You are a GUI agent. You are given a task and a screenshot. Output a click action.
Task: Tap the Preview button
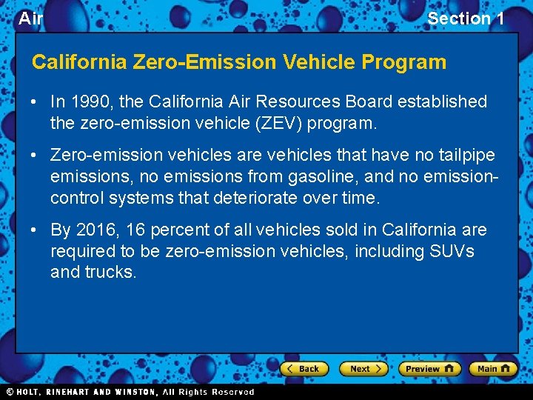click(x=429, y=368)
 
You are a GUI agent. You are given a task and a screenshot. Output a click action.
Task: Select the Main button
click(x=494, y=368)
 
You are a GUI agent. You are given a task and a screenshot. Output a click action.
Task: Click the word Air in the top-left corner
click(x=30, y=19)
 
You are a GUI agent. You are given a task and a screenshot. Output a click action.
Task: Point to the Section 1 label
click(x=466, y=19)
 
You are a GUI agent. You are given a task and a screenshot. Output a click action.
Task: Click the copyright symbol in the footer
click(x=10, y=392)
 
